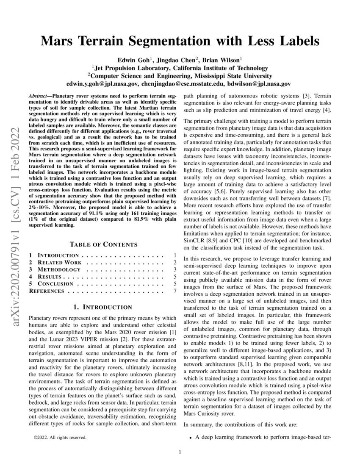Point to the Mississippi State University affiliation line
click(x=180, y=76)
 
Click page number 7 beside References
click(x=174, y=291)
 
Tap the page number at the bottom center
click(x=180, y=452)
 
